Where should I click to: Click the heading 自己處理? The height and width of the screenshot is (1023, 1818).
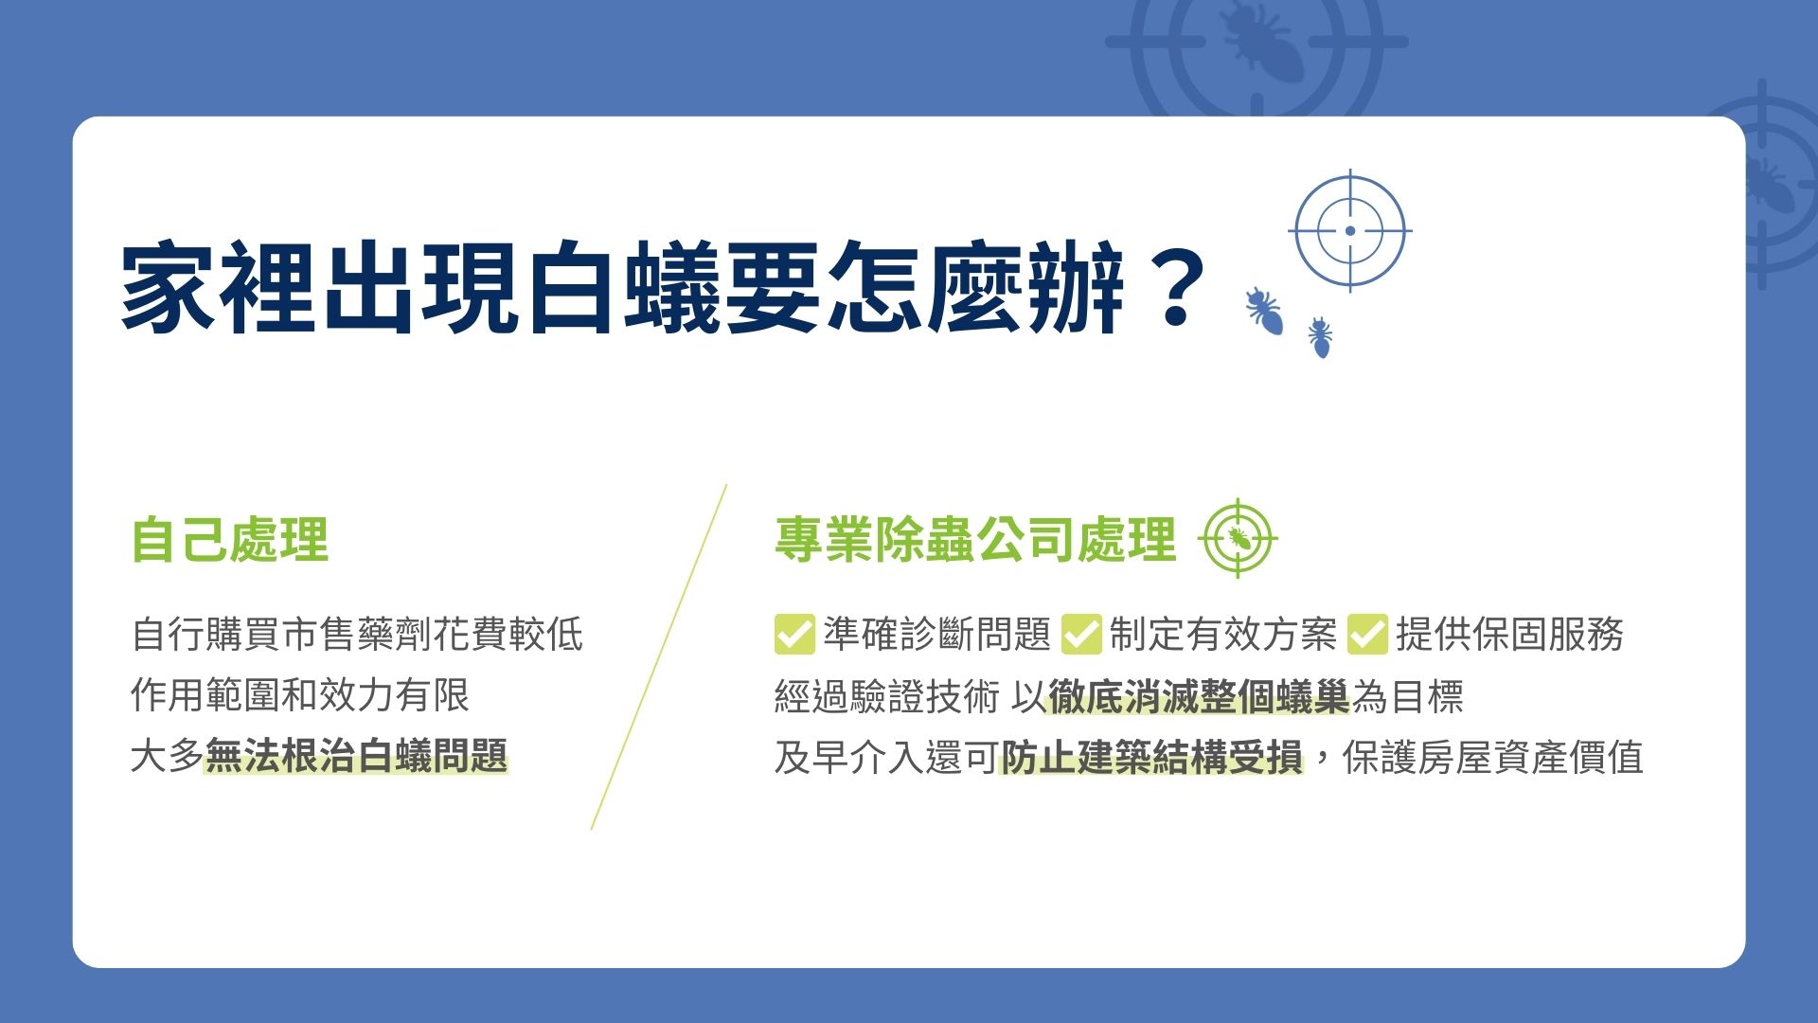[230, 540]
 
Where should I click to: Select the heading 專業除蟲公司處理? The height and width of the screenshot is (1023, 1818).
[975, 540]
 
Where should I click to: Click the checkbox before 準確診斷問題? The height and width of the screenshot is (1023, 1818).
[794, 635]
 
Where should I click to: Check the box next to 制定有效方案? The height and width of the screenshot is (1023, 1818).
[1081, 635]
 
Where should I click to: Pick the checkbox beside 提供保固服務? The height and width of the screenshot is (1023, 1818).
[1367, 635]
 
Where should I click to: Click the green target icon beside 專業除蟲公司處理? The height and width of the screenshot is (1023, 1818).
[1238, 539]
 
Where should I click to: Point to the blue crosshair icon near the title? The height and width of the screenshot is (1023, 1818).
[1350, 230]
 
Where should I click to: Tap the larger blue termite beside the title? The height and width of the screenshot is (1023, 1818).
[1265, 311]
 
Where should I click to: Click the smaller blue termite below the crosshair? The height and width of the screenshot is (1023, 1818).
[1320, 338]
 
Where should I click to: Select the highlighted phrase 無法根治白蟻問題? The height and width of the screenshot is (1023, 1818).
[357, 757]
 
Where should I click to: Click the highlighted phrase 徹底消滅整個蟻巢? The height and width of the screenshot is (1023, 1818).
[1199, 697]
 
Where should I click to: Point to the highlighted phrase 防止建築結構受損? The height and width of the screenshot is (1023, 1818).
[1151, 757]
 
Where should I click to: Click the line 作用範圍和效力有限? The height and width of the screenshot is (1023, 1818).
[300, 695]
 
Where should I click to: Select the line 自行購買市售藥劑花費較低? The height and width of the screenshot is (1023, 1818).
[357, 635]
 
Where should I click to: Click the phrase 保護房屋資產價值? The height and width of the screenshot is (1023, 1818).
[1492, 757]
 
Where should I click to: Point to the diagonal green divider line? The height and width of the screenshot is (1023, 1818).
[659, 656]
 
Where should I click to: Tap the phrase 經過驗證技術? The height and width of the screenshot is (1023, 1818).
[886, 697]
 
